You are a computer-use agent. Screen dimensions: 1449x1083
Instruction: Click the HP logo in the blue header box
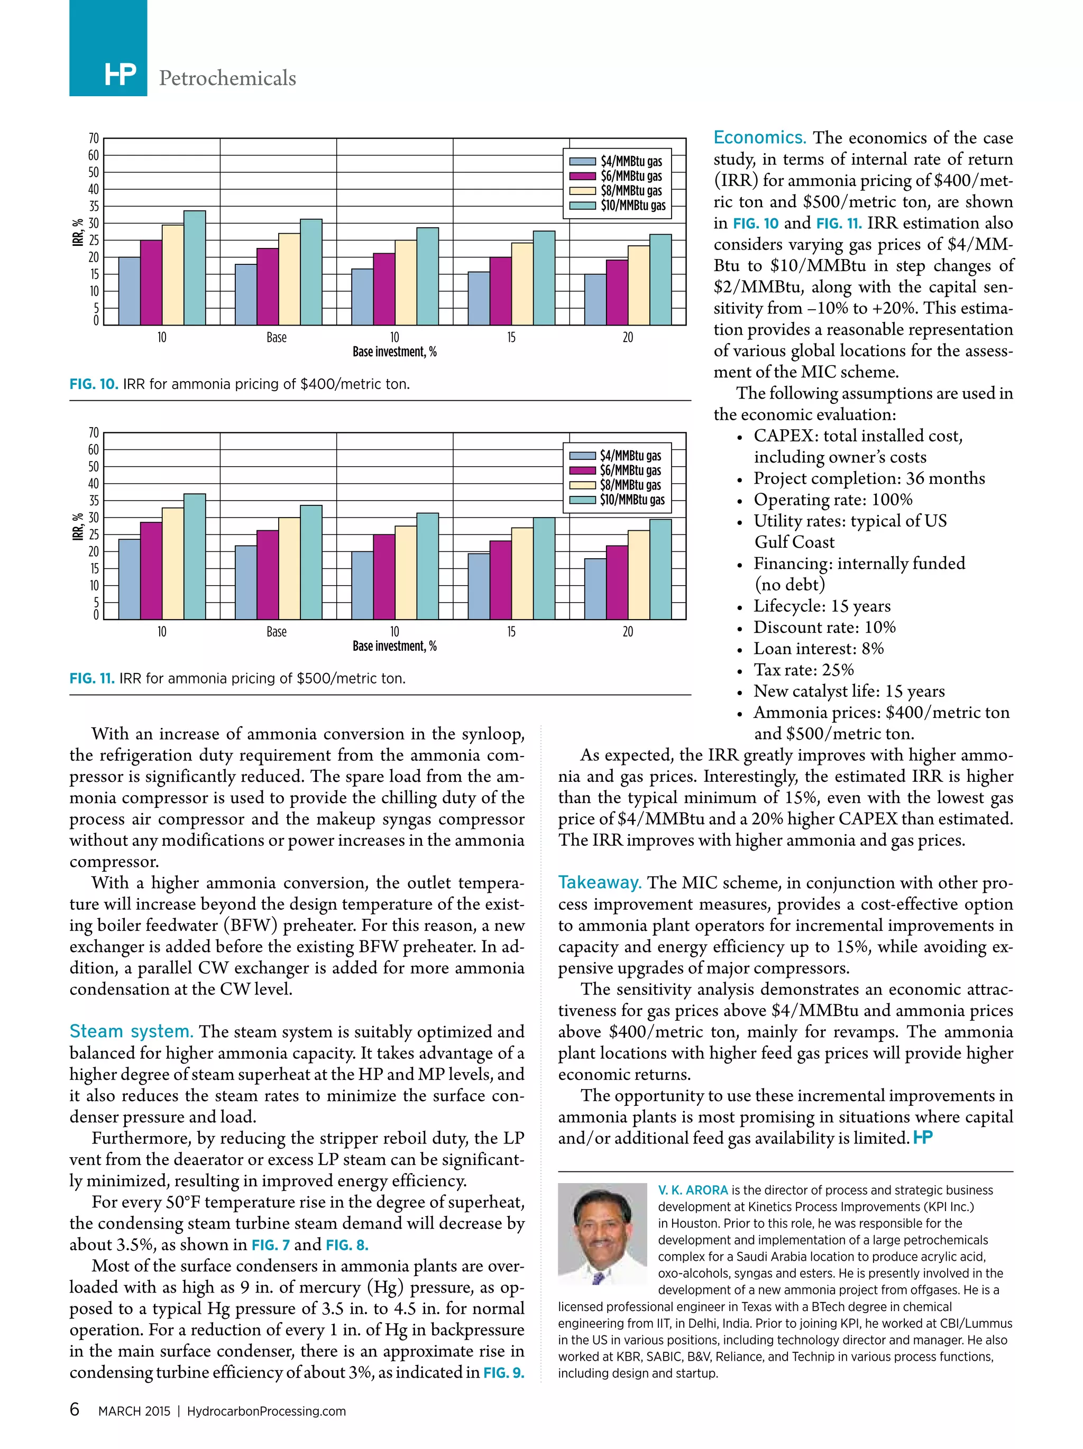[120, 76]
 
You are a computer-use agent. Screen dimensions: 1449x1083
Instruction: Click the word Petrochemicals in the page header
[227, 78]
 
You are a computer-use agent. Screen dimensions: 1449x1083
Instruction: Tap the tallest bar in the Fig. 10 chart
[195, 267]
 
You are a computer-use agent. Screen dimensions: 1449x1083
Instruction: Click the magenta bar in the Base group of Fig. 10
[267, 287]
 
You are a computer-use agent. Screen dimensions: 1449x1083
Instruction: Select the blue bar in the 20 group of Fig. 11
[595, 588]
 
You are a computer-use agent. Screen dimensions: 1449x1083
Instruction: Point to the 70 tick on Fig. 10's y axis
[94, 138]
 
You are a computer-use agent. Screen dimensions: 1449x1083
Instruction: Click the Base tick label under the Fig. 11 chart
[277, 632]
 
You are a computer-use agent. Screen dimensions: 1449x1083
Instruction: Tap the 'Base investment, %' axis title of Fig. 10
[394, 352]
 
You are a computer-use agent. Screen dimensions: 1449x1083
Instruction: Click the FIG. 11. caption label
[91, 678]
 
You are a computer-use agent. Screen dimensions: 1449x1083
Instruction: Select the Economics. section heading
[759, 137]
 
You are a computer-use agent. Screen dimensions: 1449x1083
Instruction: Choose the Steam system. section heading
[131, 1031]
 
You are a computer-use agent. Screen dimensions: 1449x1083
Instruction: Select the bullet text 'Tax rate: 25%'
[803, 669]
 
